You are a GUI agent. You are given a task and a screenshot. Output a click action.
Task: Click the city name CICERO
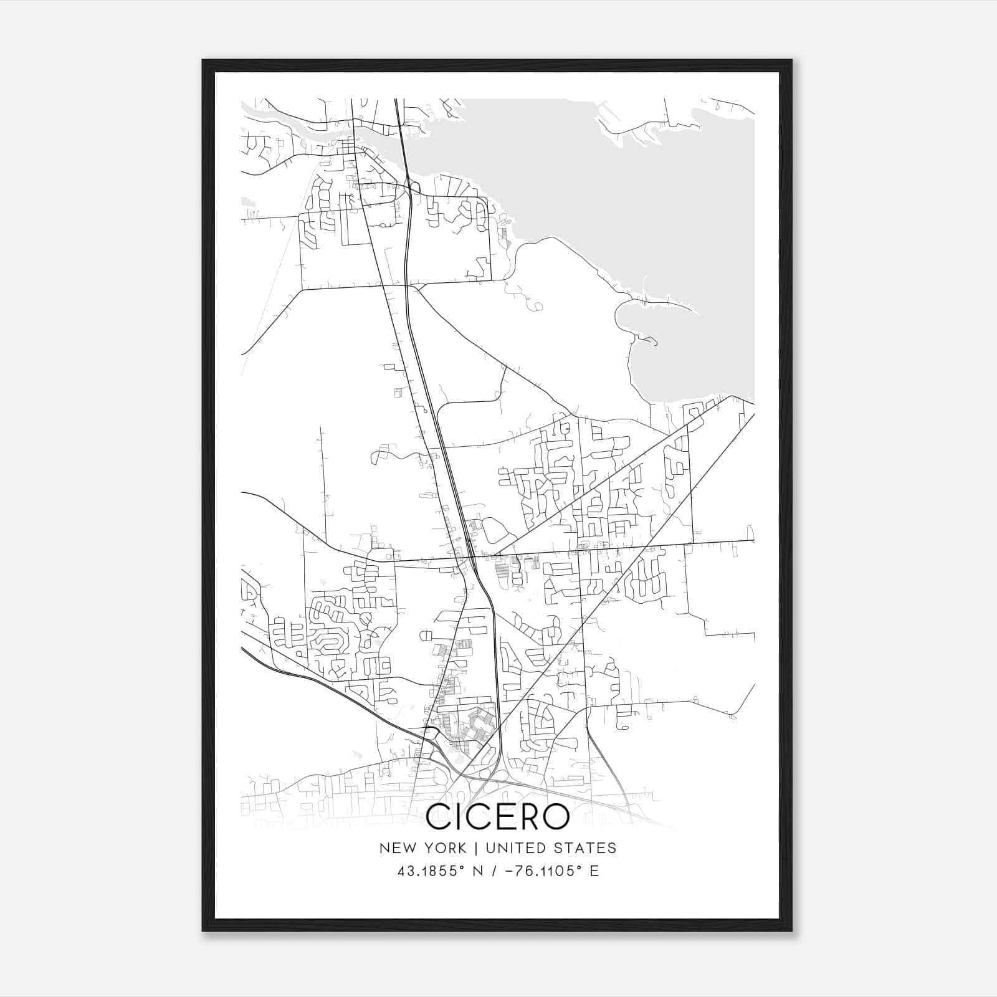[497, 816]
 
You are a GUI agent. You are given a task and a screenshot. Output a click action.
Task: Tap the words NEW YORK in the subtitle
[422, 848]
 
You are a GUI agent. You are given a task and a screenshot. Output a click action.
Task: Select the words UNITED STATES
[551, 848]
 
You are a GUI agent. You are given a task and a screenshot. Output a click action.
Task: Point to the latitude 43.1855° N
[440, 871]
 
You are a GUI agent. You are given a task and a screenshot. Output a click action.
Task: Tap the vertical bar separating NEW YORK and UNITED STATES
[475, 848]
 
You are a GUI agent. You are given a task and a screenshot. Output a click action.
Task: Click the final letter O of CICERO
[555, 816]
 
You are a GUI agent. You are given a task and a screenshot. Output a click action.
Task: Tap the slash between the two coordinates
[494, 871]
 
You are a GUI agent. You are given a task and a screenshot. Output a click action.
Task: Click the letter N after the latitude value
[479, 871]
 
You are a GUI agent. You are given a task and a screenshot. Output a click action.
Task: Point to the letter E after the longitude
[594, 871]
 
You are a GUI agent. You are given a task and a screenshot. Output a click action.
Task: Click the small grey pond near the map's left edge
[247, 202]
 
